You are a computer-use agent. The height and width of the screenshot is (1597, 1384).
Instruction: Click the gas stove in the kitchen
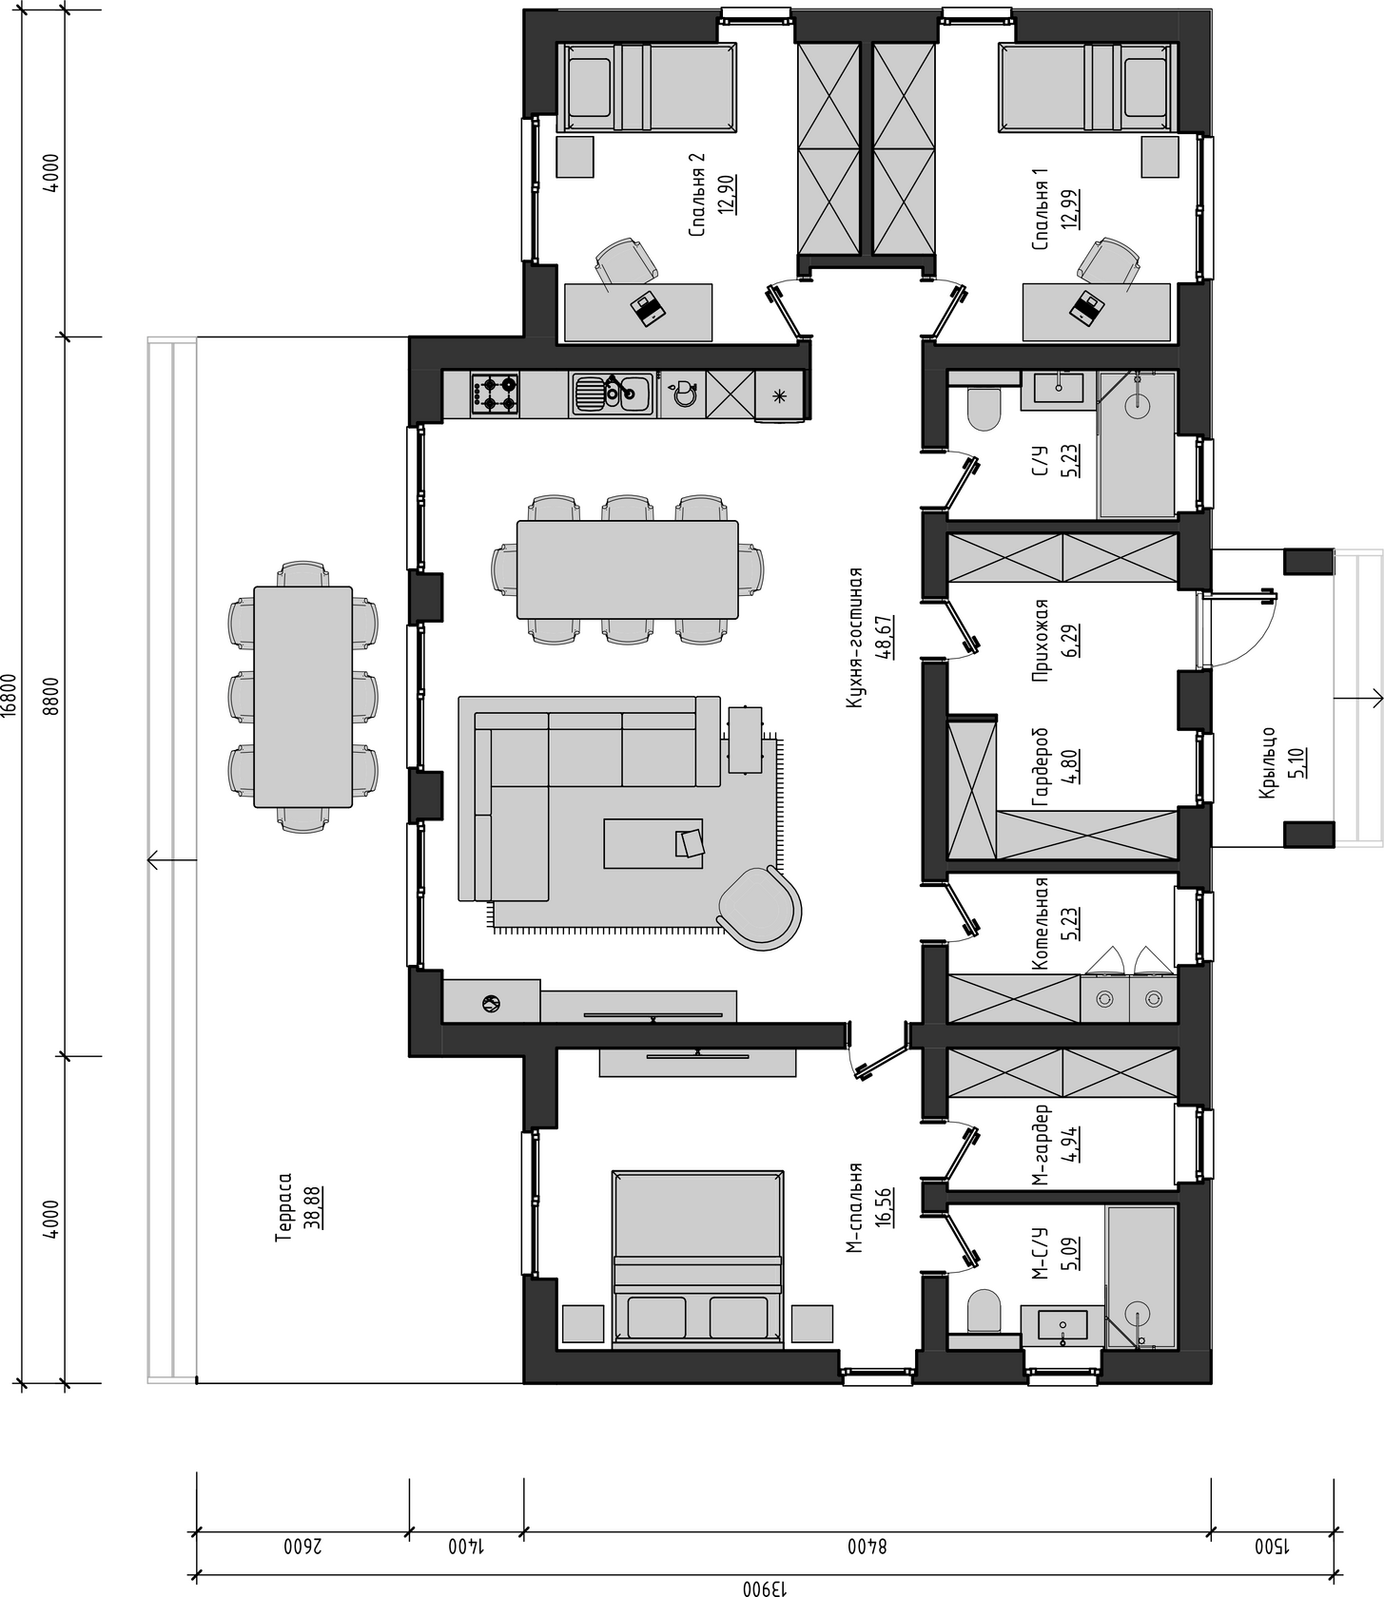(x=495, y=394)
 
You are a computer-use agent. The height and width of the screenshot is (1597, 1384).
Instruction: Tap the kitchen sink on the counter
(x=611, y=394)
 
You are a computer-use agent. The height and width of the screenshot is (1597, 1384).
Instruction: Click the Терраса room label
(x=283, y=1206)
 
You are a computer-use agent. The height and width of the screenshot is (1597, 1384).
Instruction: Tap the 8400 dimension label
(x=867, y=1547)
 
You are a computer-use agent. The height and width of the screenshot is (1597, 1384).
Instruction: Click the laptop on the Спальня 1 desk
(x=1086, y=307)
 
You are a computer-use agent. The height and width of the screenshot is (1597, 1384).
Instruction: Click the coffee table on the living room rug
(x=653, y=843)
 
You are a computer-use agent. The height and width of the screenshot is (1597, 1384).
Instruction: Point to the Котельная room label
(x=1041, y=923)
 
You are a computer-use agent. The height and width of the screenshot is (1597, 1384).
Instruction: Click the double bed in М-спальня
(x=697, y=1260)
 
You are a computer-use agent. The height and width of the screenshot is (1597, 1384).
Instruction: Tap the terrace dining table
(x=302, y=697)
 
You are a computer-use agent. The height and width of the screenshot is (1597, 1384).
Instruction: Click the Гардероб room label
(x=1041, y=768)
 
